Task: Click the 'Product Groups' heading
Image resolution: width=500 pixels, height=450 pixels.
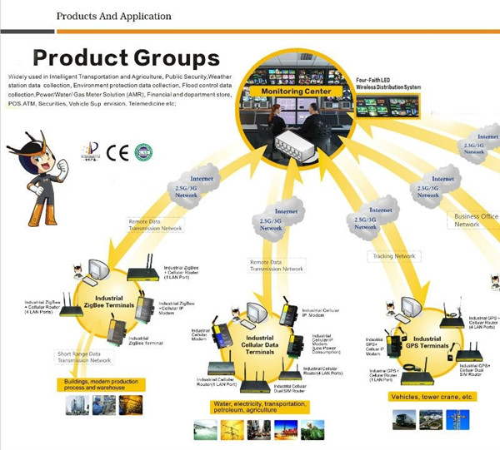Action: pos(126,58)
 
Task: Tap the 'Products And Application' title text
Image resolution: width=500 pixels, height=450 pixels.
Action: pos(114,16)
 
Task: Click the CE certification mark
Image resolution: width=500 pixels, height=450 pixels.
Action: pos(117,152)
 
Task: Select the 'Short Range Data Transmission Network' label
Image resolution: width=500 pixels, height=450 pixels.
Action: pos(85,355)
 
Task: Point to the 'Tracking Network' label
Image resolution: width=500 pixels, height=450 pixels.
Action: pos(394,256)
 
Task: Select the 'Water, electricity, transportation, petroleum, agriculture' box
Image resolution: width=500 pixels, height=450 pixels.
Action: pos(258,408)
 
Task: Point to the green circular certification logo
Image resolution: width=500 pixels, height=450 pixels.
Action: pos(144,152)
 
